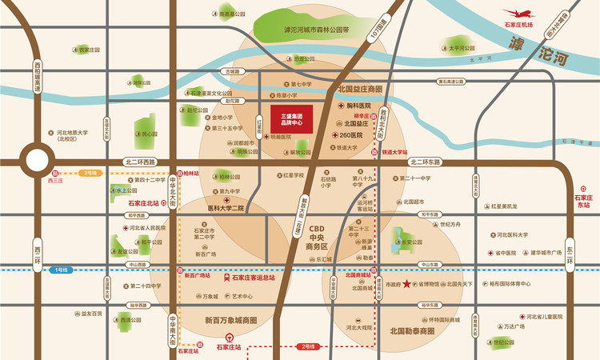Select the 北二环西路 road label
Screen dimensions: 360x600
pyautogui.click(x=142, y=161)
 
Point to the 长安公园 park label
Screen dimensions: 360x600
pyautogui.click(x=412, y=242)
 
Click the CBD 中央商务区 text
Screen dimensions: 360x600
pyautogui.click(x=322, y=238)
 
